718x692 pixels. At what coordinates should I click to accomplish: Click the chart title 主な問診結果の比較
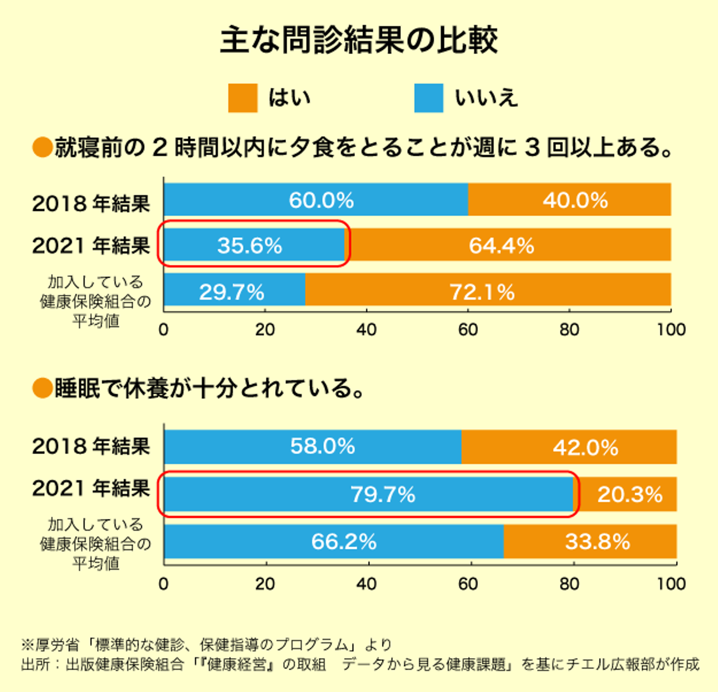coord(359,40)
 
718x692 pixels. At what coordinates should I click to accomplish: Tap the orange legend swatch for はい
coord(242,98)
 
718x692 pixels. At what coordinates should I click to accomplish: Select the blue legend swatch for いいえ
coord(428,98)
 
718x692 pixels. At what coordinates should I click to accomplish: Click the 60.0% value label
coord(321,200)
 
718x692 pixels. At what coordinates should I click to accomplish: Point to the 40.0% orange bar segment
coord(569,200)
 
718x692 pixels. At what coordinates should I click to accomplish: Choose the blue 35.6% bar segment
coord(254,245)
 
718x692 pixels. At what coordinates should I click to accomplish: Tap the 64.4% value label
coord(501,245)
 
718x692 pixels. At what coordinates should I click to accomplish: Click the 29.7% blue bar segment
coord(234,290)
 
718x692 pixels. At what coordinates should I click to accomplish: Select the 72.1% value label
coord(482,292)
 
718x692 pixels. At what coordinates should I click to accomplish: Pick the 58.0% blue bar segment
coord(313,447)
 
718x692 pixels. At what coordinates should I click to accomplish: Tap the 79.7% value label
coord(382,494)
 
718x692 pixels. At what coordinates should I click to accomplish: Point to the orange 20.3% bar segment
coord(627,494)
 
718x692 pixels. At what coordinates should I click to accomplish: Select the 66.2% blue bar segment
coord(334,541)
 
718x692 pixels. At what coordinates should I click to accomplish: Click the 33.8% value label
coord(597,541)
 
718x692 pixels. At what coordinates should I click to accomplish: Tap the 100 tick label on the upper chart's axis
coord(671,330)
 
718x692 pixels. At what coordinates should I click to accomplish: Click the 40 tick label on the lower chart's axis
coord(366,584)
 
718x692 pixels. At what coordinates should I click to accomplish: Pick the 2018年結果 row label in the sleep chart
coord(91,446)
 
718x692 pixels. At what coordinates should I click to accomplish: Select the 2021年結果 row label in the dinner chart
coord(91,245)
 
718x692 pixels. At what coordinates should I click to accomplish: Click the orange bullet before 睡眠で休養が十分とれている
coord(42,388)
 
